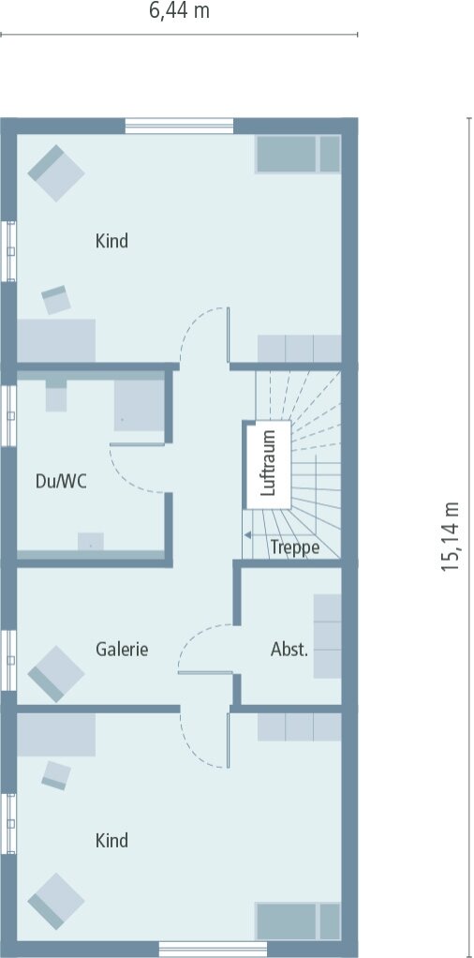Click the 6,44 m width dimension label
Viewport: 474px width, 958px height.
coord(180,11)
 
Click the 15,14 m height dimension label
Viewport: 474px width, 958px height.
coord(451,536)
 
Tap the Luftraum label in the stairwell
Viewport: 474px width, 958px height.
coord(268,462)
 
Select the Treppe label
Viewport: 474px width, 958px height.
coord(295,546)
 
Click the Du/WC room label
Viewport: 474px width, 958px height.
coord(61,482)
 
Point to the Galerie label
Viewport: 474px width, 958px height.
coord(122,649)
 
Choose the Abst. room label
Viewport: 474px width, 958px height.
coord(289,650)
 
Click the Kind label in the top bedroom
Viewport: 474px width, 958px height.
coord(111,241)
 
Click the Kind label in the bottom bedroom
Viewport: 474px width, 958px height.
coord(111,841)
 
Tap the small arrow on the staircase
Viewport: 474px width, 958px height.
coord(248,535)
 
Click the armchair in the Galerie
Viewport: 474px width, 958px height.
coord(56,674)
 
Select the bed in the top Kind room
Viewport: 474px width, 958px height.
coord(298,154)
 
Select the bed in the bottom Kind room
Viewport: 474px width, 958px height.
coord(298,921)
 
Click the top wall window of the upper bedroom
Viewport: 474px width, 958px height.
coord(179,127)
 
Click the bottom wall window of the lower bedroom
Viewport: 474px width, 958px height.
coord(213,949)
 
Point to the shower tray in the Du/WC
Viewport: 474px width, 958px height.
coord(140,406)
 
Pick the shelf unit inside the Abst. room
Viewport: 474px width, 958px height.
coord(328,636)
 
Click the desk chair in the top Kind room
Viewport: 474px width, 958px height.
coord(56,299)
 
